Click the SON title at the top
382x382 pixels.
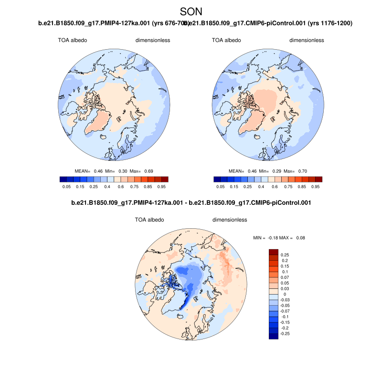point(191,11)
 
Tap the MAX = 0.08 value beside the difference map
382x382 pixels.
point(296,238)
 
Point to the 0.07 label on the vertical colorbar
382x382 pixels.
point(286,277)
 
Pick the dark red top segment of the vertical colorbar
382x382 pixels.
point(274,252)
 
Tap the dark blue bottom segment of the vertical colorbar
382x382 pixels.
point(274,336)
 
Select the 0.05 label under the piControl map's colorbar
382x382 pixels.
point(221,188)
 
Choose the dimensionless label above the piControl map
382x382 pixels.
point(307,41)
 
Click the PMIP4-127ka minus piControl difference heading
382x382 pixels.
point(191,203)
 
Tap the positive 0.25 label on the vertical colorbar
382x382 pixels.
point(286,255)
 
